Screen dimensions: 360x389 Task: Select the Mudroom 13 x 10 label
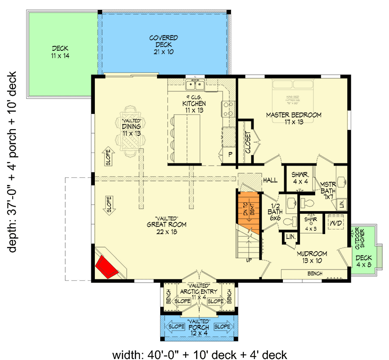pyautogui.click(x=312, y=257)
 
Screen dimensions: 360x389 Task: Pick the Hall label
pyautogui.click(x=270, y=180)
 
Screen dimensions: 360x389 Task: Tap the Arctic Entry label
pyautogui.click(x=198, y=291)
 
